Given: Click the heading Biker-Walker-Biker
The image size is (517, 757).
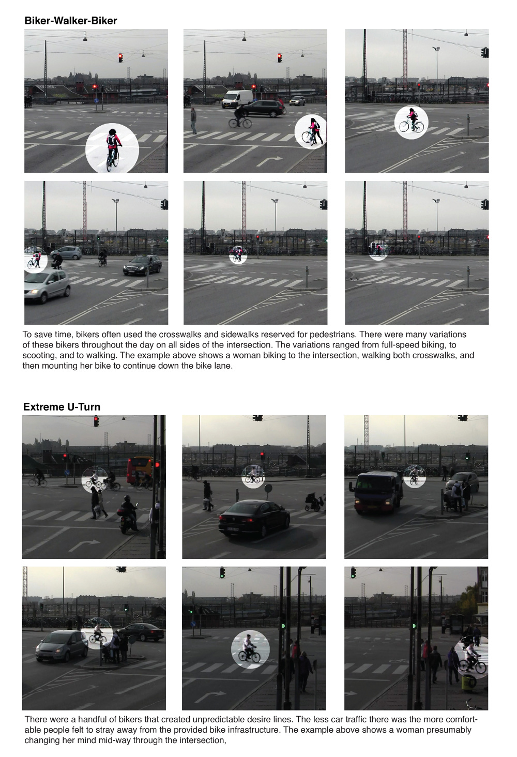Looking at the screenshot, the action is (x=71, y=21).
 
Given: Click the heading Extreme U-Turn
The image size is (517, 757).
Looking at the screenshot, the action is (x=62, y=406).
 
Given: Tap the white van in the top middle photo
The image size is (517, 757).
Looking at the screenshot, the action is (x=237, y=99).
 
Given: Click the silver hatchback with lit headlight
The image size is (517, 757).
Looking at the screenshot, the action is (x=47, y=285).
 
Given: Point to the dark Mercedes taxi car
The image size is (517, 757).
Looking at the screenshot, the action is (x=142, y=265).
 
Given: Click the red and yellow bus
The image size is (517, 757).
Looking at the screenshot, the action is (x=140, y=471).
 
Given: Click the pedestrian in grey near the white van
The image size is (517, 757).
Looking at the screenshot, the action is (x=193, y=120).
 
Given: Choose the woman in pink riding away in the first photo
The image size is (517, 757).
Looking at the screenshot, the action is (x=113, y=149).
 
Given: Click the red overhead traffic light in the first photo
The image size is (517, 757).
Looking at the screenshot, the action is (x=120, y=58).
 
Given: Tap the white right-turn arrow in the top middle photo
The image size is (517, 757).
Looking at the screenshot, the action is (x=269, y=160).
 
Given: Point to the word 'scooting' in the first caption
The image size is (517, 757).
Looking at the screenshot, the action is (x=38, y=356).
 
